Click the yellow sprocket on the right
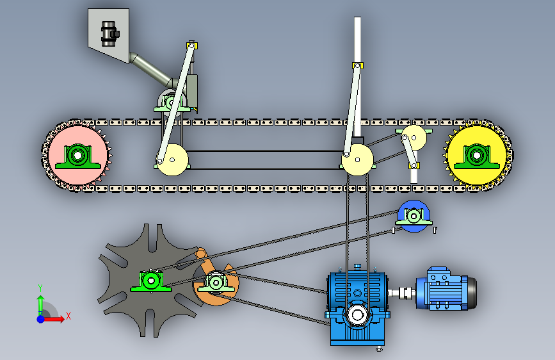pyautogui.click(x=496, y=144)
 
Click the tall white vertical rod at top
pyautogui.click(x=357, y=38)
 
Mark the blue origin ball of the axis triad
pyautogui.click(x=40, y=318)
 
